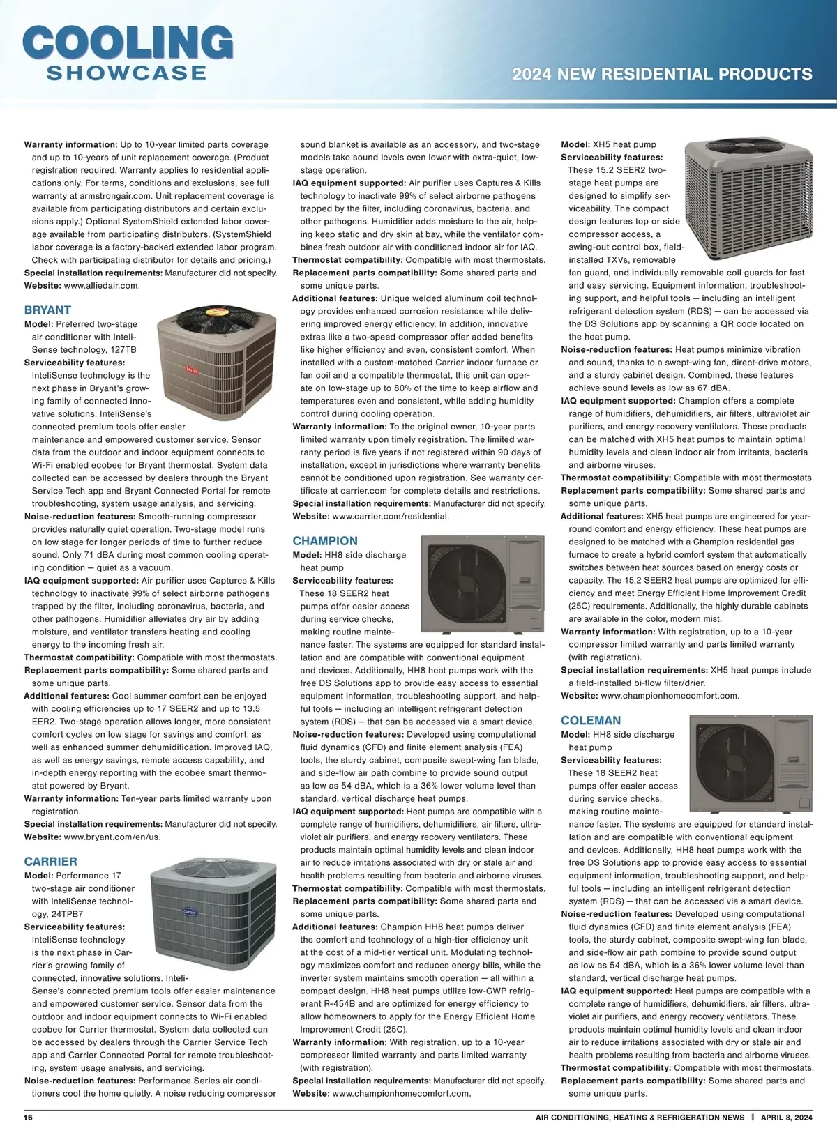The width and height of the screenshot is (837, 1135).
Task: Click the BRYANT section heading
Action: (x=47, y=310)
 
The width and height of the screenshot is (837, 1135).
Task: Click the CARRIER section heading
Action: (x=50, y=862)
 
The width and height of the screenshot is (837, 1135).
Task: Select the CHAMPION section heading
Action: (x=325, y=541)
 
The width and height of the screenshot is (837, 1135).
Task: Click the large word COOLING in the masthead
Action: (x=128, y=43)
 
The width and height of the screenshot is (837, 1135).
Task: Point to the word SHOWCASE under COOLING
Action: (x=126, y=73)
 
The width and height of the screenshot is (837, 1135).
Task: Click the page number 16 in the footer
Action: (x=29, y=1118)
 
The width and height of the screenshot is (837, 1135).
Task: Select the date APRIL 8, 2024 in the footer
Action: (x=787, y=1118)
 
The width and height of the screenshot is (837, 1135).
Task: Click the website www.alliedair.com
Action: (x=101, y=285)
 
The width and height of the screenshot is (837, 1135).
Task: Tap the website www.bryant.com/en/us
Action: (x=112, y=837)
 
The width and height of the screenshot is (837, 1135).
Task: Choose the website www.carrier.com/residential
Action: (x=391, y=517)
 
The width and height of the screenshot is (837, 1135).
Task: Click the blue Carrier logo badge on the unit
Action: (x=190, y=911)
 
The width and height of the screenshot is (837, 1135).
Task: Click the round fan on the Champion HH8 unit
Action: (x=458, y=581)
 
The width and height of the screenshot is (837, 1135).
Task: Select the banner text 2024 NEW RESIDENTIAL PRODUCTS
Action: (x=662, y=75)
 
